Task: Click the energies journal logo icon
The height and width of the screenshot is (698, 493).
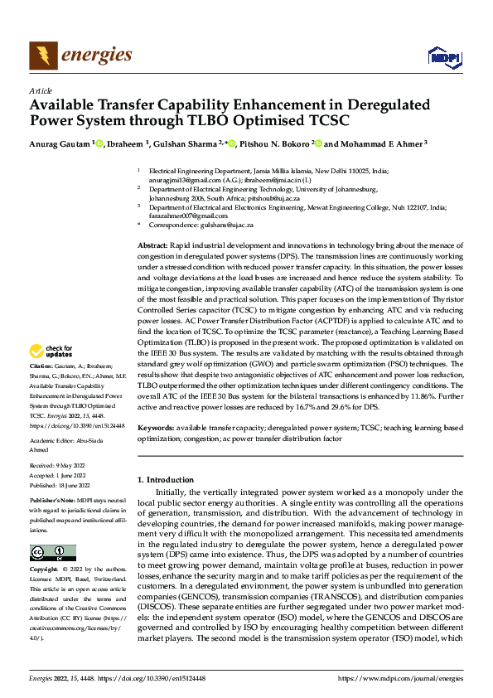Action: (x=41, y=56)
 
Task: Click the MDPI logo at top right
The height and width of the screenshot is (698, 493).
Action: (x=442, y=56)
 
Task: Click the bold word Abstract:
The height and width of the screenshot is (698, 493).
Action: (x=152, y=247)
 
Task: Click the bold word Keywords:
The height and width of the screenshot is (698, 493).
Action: (x=155, y=427)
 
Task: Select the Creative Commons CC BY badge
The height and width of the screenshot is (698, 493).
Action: (x=52, y=553)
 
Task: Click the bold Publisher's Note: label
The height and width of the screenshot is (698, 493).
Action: (x=52, y=502)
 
